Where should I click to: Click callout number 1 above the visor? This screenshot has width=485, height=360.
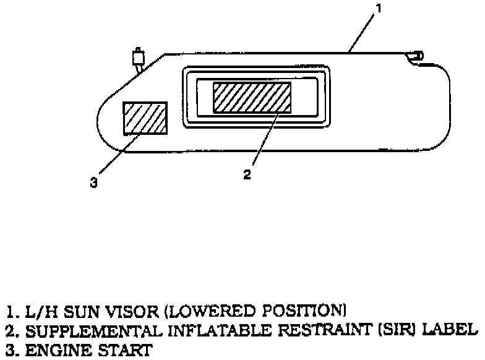pos(380,9)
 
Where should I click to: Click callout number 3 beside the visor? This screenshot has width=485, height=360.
pos(93,182)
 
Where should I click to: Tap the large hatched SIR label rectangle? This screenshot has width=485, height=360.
pos(252,97)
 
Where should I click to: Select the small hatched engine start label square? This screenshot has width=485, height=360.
pos(145,118)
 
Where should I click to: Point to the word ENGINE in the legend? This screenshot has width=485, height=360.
pos(46,351)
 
